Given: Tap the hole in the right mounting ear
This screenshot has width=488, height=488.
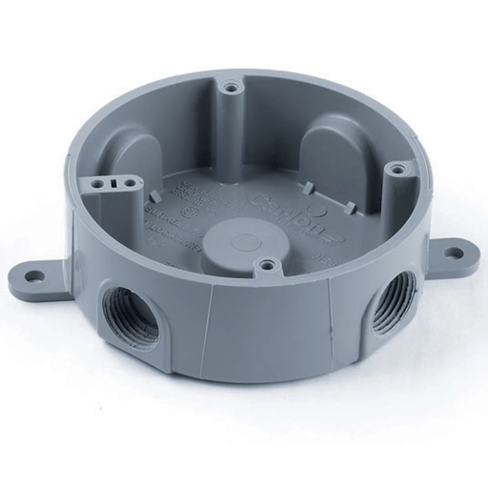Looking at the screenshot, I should point(456,254).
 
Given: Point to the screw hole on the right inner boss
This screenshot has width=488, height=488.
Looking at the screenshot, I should point(395,170).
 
